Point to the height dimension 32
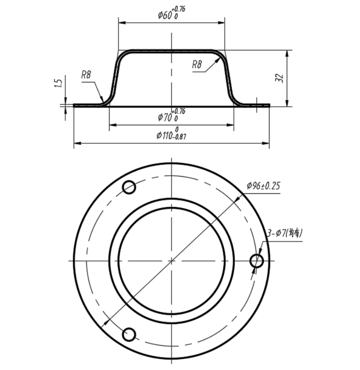pos(280,78)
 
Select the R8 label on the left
pos(86,74)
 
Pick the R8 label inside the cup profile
pos(198,64)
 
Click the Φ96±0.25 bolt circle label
pos(263,186)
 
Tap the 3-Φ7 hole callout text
pos(285,233)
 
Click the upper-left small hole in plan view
pos(129,187)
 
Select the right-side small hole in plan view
pos(257,260)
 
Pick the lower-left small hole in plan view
pos(129,334)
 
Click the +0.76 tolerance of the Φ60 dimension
pos(180,9)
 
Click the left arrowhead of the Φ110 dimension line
pos(76,142)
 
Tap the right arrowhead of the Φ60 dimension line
pos(222,22)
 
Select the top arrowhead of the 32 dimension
pos(287,52)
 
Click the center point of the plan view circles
pos(171,260)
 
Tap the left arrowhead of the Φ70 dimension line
pos(111,125)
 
